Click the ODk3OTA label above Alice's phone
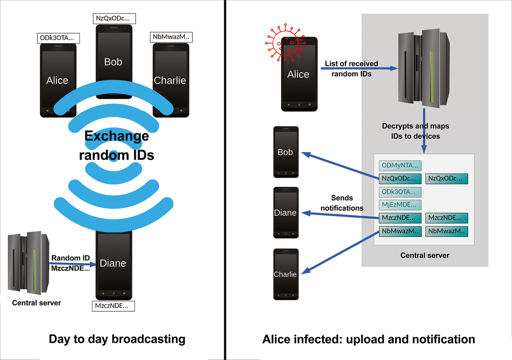58,38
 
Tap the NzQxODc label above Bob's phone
115,19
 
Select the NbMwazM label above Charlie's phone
171,37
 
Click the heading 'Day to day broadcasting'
117,339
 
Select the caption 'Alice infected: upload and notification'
368,339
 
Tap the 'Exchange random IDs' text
117,145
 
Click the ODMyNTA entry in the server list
400,166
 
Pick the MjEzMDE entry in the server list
400,205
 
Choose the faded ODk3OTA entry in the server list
400,192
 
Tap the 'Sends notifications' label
342,203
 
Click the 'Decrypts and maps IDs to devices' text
415,131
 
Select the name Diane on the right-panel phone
285,213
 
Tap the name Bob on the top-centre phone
113,62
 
